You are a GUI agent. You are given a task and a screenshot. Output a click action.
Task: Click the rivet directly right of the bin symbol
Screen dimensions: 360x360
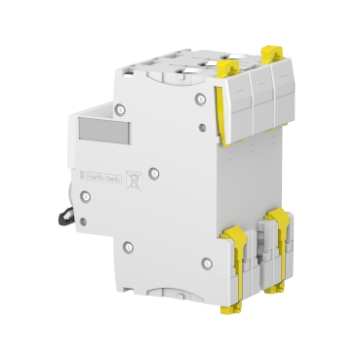click(154, 174)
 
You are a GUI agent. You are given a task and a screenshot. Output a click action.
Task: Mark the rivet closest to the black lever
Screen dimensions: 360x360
click(86, 196)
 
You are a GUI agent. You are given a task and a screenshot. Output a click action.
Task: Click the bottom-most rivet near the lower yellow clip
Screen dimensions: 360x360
click(206, 261)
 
